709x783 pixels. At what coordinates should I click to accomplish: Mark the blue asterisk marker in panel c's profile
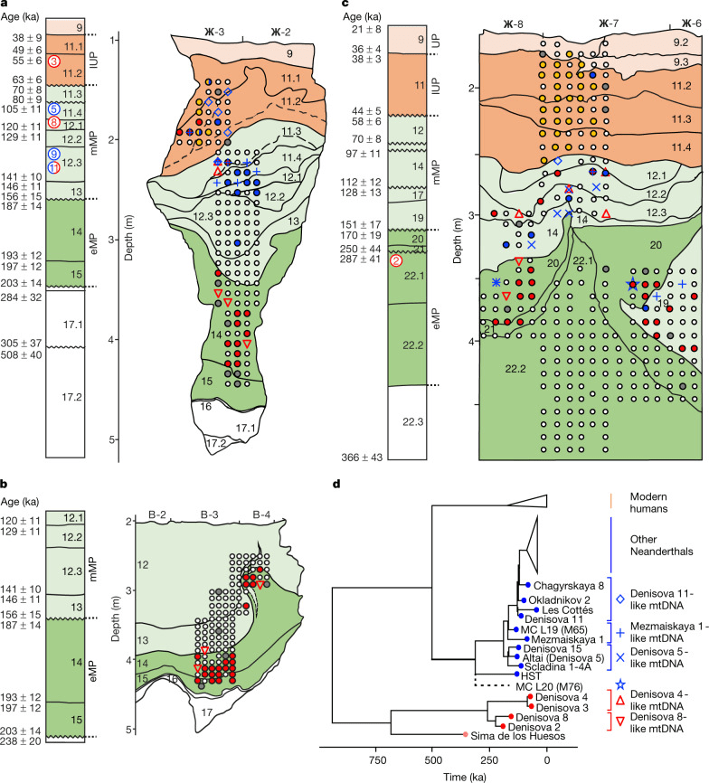click(x=496, y=283)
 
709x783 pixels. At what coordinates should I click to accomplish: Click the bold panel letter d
click(x=338, y=485)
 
